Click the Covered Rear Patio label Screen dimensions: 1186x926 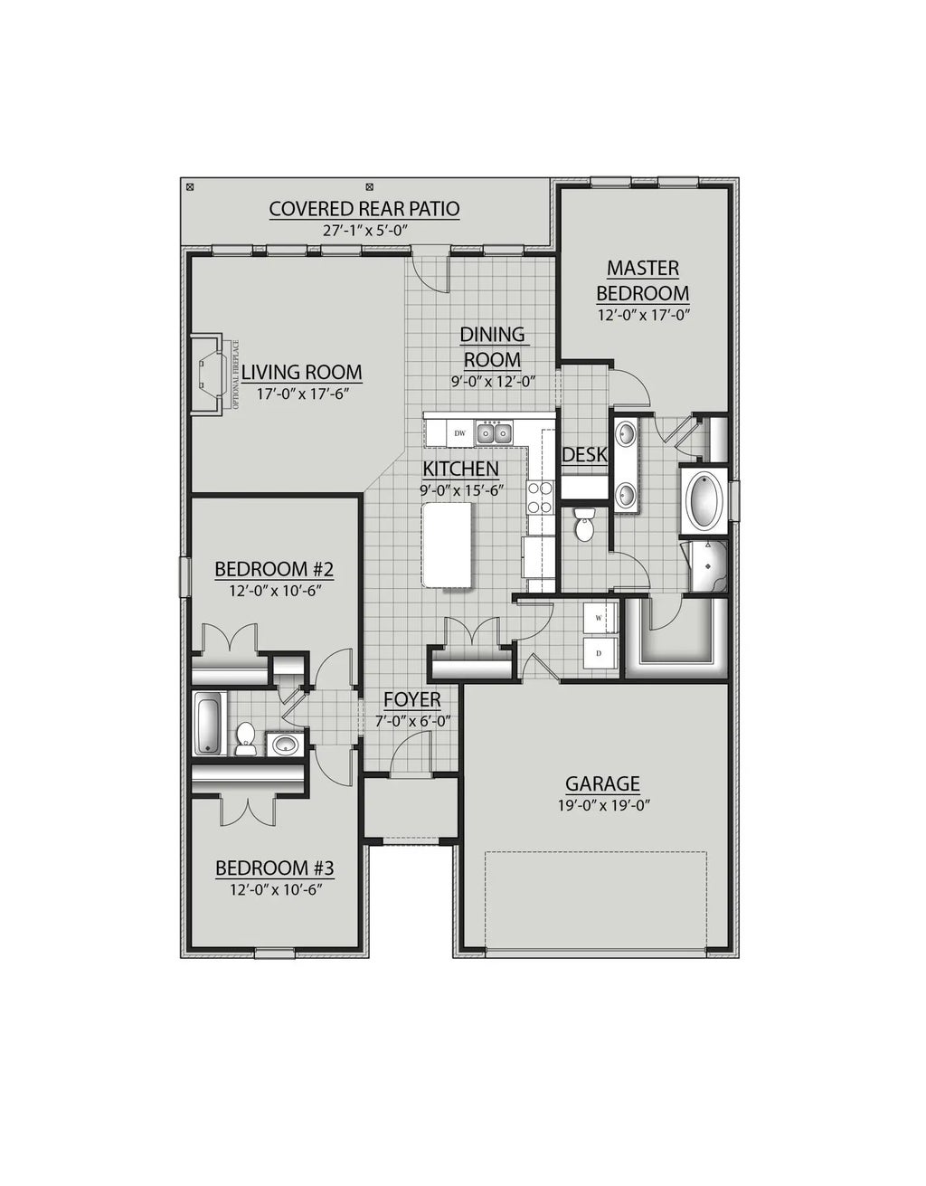[364, 209]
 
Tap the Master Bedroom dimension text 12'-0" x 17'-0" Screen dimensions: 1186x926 [643, 316]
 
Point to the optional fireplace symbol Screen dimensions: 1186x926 [208, 373]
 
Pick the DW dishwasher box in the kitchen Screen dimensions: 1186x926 [460, 433]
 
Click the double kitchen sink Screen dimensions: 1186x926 [494, 433]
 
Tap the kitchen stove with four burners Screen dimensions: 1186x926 [540, 497]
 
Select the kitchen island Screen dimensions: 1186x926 [449, 546]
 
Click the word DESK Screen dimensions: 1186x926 [584, 455]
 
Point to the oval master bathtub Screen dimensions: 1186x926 [703, 500]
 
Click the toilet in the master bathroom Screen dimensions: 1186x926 [584, 523]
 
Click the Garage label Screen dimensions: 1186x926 [602, 783]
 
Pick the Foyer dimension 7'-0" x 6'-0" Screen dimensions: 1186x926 [412, 720]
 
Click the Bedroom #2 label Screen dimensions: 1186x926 [275, 570]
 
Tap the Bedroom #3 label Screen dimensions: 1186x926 [275, 868]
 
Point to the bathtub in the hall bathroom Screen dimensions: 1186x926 [207, 723]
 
